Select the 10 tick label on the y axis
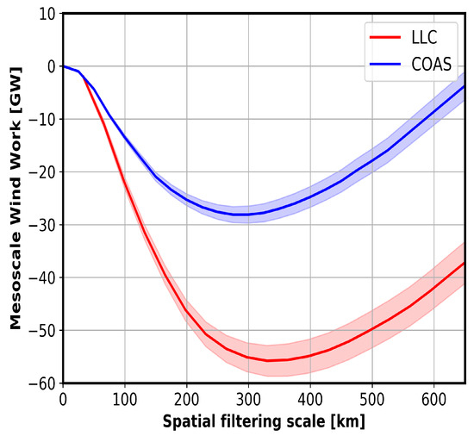47,14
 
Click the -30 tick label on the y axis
43,225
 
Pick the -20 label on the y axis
43,172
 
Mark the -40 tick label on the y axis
43,277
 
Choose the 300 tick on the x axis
248,400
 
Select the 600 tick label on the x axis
433,400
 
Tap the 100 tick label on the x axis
125,400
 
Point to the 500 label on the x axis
371,400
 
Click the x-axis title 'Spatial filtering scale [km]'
264,423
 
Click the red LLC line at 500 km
371,328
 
